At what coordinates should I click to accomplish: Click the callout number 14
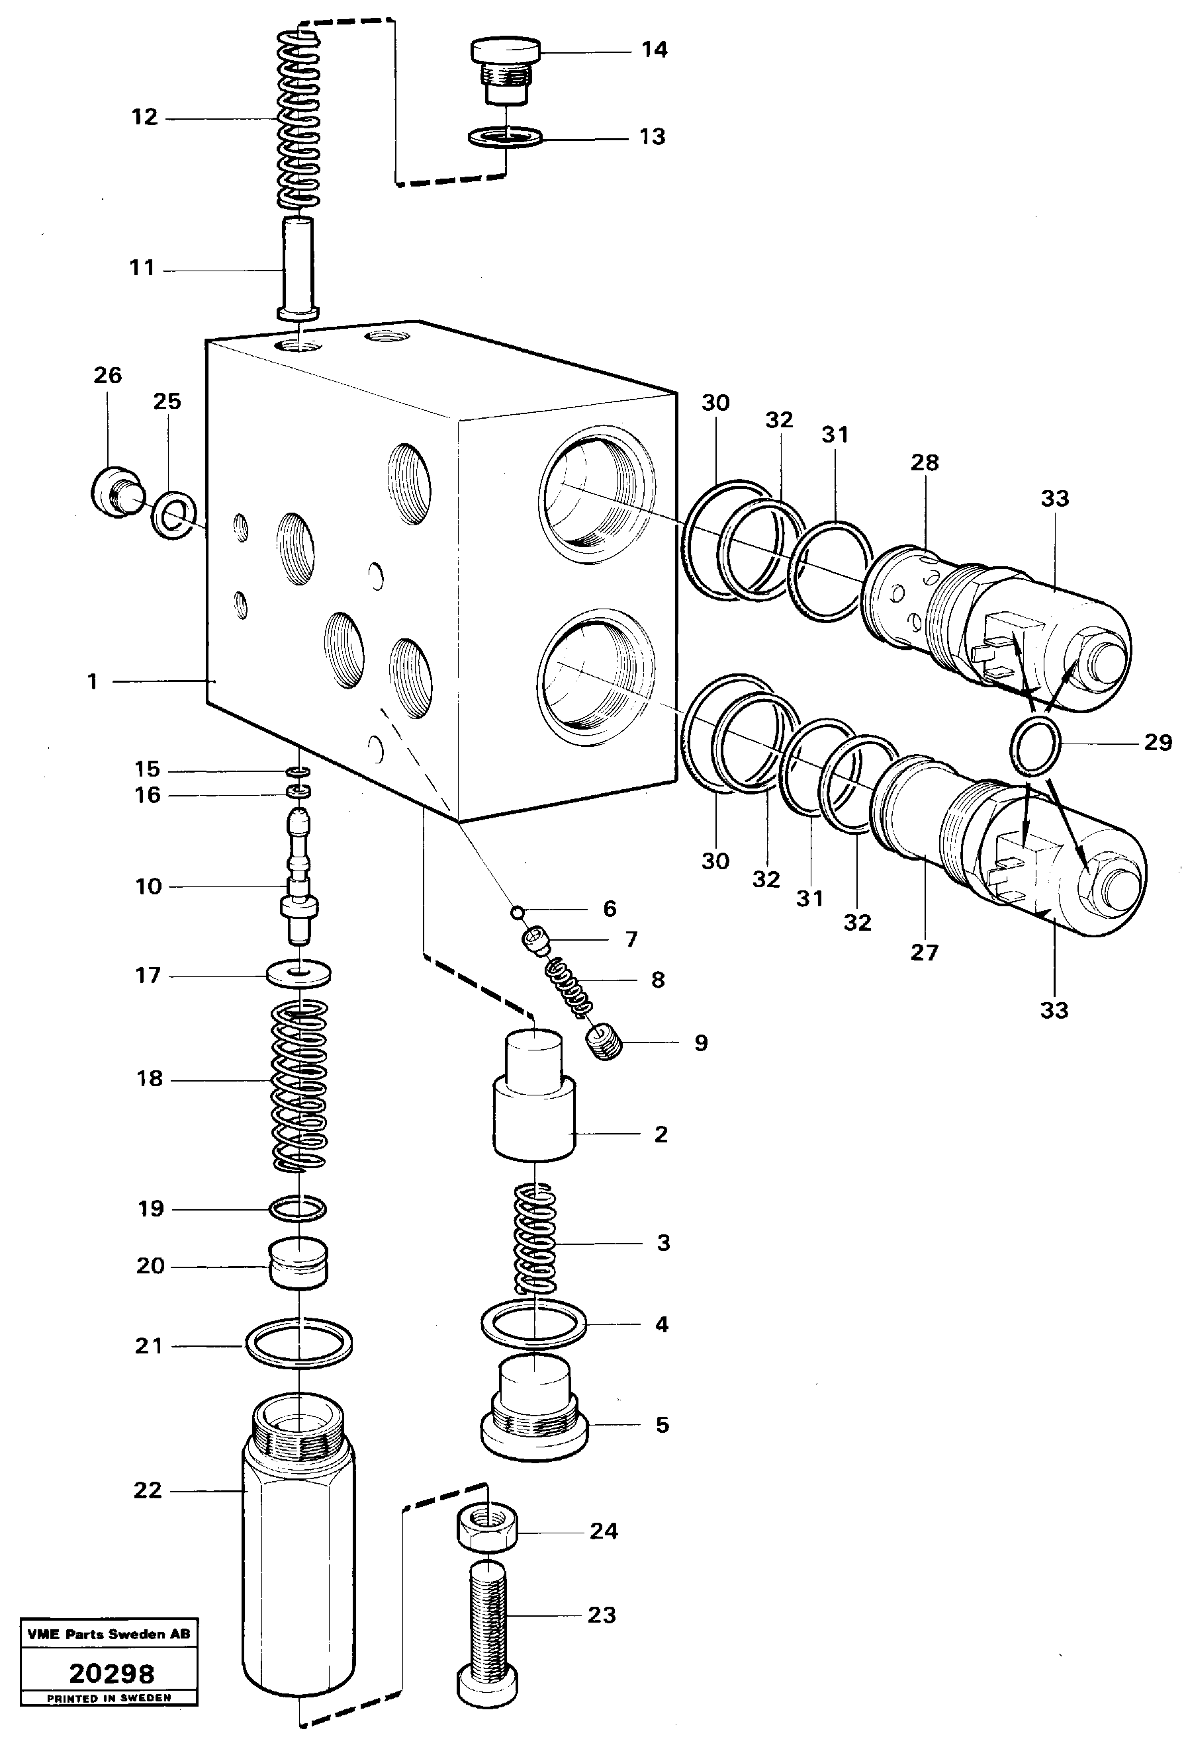tap(654, 50)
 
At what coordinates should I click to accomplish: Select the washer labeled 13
tap(505, 138)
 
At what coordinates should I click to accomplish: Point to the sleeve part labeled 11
tap(299, 267)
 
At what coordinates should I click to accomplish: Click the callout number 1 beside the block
tap(93, 682)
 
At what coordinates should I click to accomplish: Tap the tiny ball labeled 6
tap(516, 912)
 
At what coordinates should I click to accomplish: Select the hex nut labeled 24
tap(486, 1531)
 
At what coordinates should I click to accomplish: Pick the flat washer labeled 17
tap(299, 975)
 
